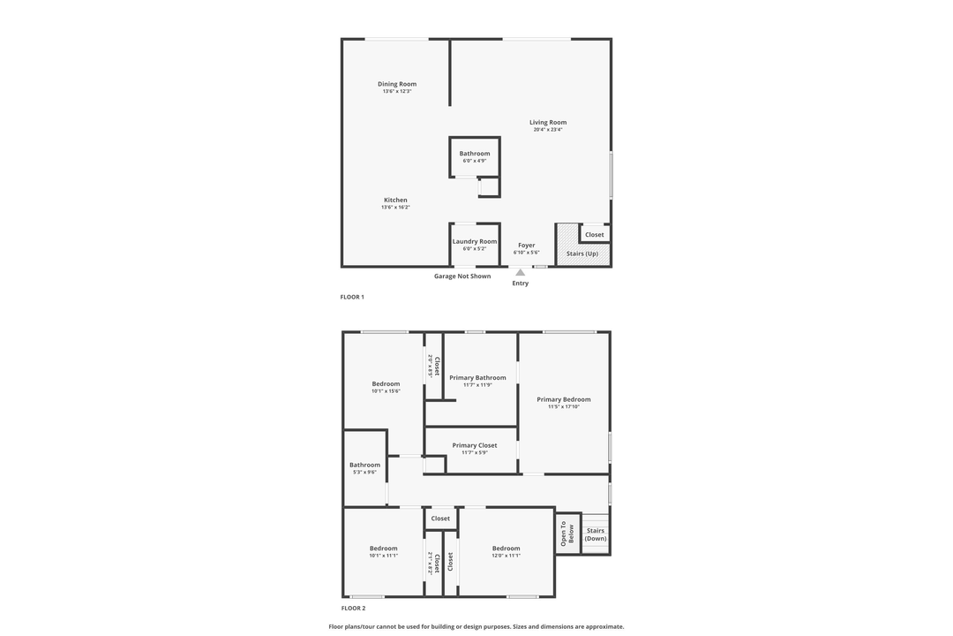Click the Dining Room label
[x=397, y=84]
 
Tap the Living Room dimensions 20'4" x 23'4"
[x=547, y=130]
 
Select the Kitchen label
[x=395, y=200]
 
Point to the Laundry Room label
[x=475, y=241]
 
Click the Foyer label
[x=526, y=246]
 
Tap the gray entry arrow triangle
[x=521, y=272]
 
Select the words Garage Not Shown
[x=462, y=276]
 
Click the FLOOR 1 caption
[x=352, y=297]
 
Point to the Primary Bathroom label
[x=477, y=378]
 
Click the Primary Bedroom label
[x=564, y=399]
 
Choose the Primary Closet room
[x=475, y=449]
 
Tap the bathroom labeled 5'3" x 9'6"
[x=364, y=468]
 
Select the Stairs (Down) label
[x=596, y=534]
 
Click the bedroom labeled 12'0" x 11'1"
[x=507, y=551]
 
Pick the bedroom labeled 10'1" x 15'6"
[x=386, y=387]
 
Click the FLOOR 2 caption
[x=353, y=608]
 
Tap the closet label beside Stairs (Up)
[x=595, y=234]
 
